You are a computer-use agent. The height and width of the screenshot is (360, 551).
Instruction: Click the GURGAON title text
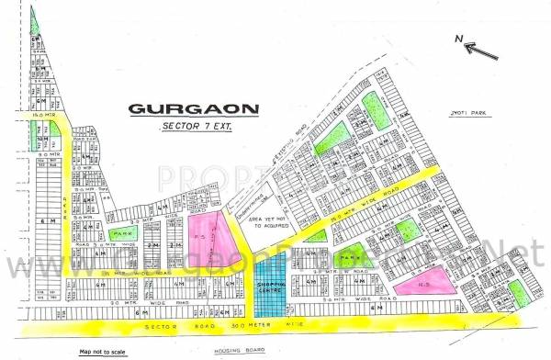(193, 108)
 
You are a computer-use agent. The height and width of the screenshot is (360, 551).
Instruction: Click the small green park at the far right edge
(518, 293)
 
